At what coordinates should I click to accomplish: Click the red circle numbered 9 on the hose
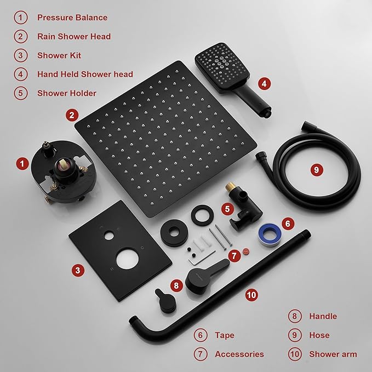[316, 170]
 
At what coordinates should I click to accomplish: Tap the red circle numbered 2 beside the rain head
[71, 115]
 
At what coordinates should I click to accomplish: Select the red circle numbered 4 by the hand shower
[265, 83]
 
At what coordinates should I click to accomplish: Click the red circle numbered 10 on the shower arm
[251, 295]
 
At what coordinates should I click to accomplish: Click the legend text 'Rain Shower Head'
[74, 36]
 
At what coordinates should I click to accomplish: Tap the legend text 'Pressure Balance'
[72, 17]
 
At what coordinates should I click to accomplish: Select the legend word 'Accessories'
[239, 354]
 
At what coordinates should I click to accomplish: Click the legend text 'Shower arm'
[333, 354]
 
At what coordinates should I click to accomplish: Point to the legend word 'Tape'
[225, 335]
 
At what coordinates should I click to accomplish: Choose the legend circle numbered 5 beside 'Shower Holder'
[21, 93]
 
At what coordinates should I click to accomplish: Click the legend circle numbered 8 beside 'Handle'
[295, 316]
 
